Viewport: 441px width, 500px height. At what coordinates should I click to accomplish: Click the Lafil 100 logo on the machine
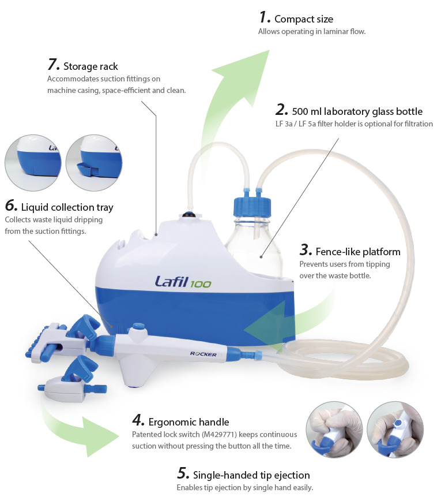click(x=182, y=282)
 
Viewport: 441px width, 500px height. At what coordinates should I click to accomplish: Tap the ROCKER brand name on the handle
click(x=203, y=354)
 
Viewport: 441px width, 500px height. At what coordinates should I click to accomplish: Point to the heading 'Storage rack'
click(x=91, y=66)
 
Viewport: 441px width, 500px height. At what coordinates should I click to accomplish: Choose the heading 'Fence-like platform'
click(x=357, y=251)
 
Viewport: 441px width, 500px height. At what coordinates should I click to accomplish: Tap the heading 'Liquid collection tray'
click(x=67, y=207)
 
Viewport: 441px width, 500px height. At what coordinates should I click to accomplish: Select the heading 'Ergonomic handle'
click(x=189, y=421)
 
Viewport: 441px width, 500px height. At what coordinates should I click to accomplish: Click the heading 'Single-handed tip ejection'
click(x=251, y=475)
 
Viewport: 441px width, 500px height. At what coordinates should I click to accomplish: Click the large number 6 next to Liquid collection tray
click(x=11, y=206)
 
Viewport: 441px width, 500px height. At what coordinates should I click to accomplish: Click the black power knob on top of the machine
click(x=189, y=215)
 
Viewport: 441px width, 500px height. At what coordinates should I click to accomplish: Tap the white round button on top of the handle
click(x=136, y=328)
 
